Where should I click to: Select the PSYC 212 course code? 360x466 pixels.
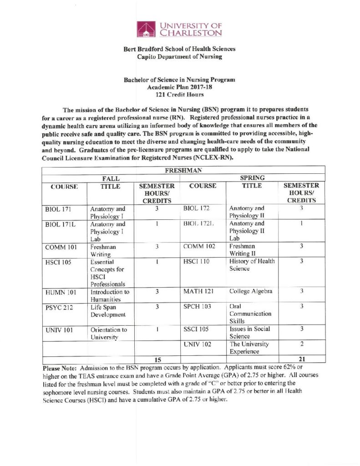click(x=58, y=307)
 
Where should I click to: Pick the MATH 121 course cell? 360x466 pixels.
click(x=198, y=291)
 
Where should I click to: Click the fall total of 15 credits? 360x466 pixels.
click(x=156, y=359)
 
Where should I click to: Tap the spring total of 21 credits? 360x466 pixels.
click(x=301, y=359)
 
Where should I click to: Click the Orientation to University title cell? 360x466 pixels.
click(x=108, y=333)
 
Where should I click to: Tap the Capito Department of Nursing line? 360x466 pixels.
click(x=180, y=57)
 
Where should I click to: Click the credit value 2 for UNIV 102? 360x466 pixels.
click(x=301, y=344)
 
